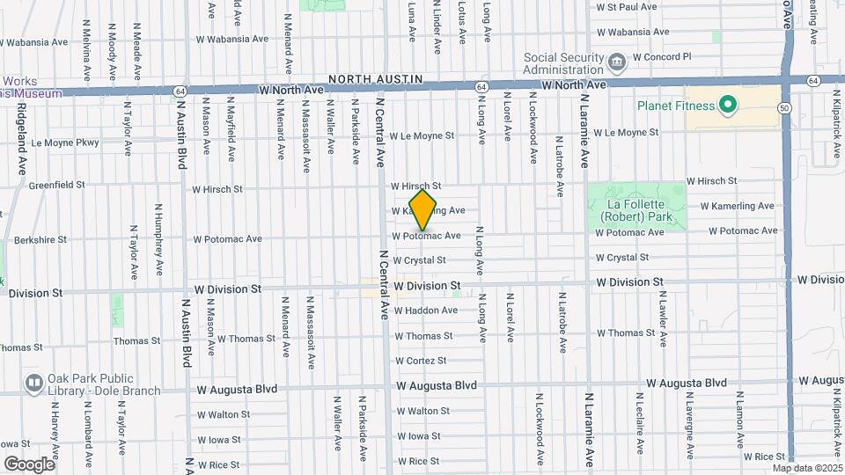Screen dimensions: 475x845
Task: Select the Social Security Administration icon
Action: pos(616,61)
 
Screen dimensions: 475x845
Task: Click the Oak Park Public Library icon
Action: pos(34,384)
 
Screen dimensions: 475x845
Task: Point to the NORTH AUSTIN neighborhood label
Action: pos(376,80)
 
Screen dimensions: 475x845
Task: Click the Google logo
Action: pos(29,464)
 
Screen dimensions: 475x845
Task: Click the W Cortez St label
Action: pos(421,361)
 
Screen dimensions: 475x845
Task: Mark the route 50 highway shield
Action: pos(783,107)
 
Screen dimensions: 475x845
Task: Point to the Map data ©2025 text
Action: pos(807,468)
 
